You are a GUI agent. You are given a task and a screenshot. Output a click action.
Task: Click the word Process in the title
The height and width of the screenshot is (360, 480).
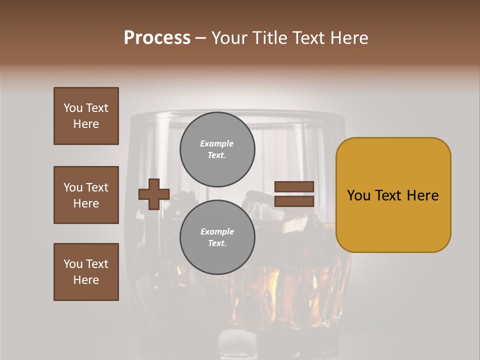[157, 38]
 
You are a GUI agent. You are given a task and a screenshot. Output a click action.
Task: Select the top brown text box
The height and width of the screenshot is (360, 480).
[86, 116]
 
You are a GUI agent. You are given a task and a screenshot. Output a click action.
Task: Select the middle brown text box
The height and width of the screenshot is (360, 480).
[86, 195]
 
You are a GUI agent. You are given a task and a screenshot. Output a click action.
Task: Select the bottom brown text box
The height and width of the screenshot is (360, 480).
[86, 272]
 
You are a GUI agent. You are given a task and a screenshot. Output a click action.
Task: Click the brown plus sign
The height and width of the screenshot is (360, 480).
[154, 194]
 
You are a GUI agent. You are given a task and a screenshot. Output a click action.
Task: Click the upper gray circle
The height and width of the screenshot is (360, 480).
[217, 149]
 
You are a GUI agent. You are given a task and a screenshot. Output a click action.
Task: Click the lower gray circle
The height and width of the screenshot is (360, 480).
[217, 237]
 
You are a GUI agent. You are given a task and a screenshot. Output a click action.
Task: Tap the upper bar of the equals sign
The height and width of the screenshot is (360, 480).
[294, 187]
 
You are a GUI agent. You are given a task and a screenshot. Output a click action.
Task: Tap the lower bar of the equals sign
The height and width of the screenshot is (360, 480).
[294, 201]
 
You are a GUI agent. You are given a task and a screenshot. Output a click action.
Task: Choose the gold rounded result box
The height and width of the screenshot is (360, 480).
[393, 195]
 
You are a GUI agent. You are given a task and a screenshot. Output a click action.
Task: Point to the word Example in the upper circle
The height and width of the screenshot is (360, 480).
[217, 143]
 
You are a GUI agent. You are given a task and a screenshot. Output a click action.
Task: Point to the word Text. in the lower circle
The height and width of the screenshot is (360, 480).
[217, 243]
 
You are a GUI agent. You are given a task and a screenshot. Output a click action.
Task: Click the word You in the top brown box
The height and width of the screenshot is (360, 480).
[73, 108]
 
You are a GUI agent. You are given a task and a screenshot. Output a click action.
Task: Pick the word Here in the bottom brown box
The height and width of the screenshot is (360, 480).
[86, 280]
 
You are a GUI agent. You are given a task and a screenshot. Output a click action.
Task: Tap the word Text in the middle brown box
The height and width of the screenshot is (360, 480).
[97, 187]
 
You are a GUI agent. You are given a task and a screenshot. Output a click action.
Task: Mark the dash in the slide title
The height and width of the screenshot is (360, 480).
[201, 38]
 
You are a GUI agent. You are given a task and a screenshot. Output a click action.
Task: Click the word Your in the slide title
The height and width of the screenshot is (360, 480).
[229, 38]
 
